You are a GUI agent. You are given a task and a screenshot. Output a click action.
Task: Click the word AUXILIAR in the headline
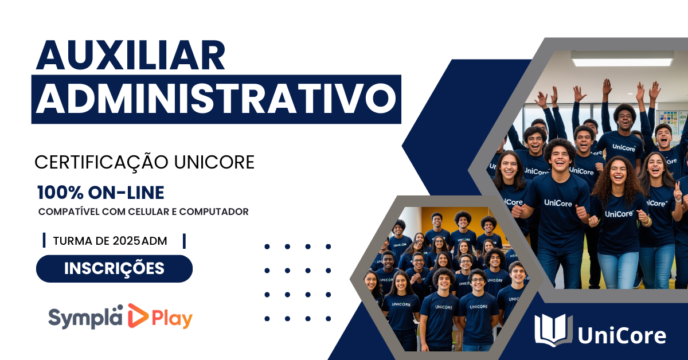tap(131, 55)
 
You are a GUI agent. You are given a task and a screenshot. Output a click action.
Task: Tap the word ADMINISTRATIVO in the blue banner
tap(216, 99)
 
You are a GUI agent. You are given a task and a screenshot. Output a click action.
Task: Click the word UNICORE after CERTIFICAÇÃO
tap(214, 162)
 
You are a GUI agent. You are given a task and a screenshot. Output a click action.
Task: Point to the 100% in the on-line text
tap(60, 193)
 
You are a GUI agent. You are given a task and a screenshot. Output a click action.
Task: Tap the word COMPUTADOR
tap(214, 212)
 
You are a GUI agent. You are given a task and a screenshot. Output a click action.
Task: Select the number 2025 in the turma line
tap(126, 241)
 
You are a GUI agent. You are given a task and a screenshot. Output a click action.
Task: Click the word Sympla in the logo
tap(85, 318)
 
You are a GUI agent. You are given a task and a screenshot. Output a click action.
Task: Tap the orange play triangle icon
tap(138, 316)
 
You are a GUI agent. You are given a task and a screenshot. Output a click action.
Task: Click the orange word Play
tap(172, 319)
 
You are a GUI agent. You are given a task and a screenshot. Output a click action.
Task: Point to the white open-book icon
tap(553, 330)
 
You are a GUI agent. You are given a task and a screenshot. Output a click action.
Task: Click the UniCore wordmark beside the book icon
tap(622, 335)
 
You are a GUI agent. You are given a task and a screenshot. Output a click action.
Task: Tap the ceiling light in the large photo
tap(622, 58)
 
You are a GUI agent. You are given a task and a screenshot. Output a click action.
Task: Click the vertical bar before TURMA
tap(44, 240)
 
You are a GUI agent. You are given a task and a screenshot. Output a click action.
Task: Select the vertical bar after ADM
tap(184, 241)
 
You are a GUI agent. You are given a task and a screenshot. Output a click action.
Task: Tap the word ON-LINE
tap(126, 193)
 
